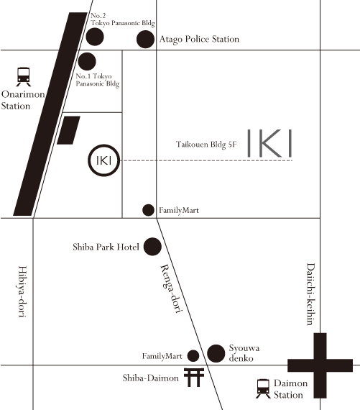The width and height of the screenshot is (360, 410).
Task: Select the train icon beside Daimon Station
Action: coord(264,389)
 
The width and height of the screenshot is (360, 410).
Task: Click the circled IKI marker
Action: coord(102,160)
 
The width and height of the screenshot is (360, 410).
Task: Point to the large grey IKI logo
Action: coord(269,144)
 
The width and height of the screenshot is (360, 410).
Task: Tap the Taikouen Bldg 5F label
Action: coord(206,145)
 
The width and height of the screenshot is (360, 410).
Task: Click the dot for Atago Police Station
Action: coord(146,39)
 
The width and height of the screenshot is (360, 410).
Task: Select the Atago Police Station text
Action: coord(198,39)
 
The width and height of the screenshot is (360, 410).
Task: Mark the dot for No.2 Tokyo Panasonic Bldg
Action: coord(94,37)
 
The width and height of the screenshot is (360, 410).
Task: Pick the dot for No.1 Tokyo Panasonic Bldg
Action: coord(87,62)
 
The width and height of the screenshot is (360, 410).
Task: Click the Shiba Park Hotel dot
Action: coord(152,247)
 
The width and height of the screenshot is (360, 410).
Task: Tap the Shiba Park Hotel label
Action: coord(106,247)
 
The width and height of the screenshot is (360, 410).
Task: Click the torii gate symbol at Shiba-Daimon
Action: coord(193,378)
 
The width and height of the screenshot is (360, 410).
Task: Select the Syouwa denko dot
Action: coord(216,353)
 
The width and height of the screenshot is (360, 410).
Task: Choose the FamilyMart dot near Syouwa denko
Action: coord(193,355)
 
